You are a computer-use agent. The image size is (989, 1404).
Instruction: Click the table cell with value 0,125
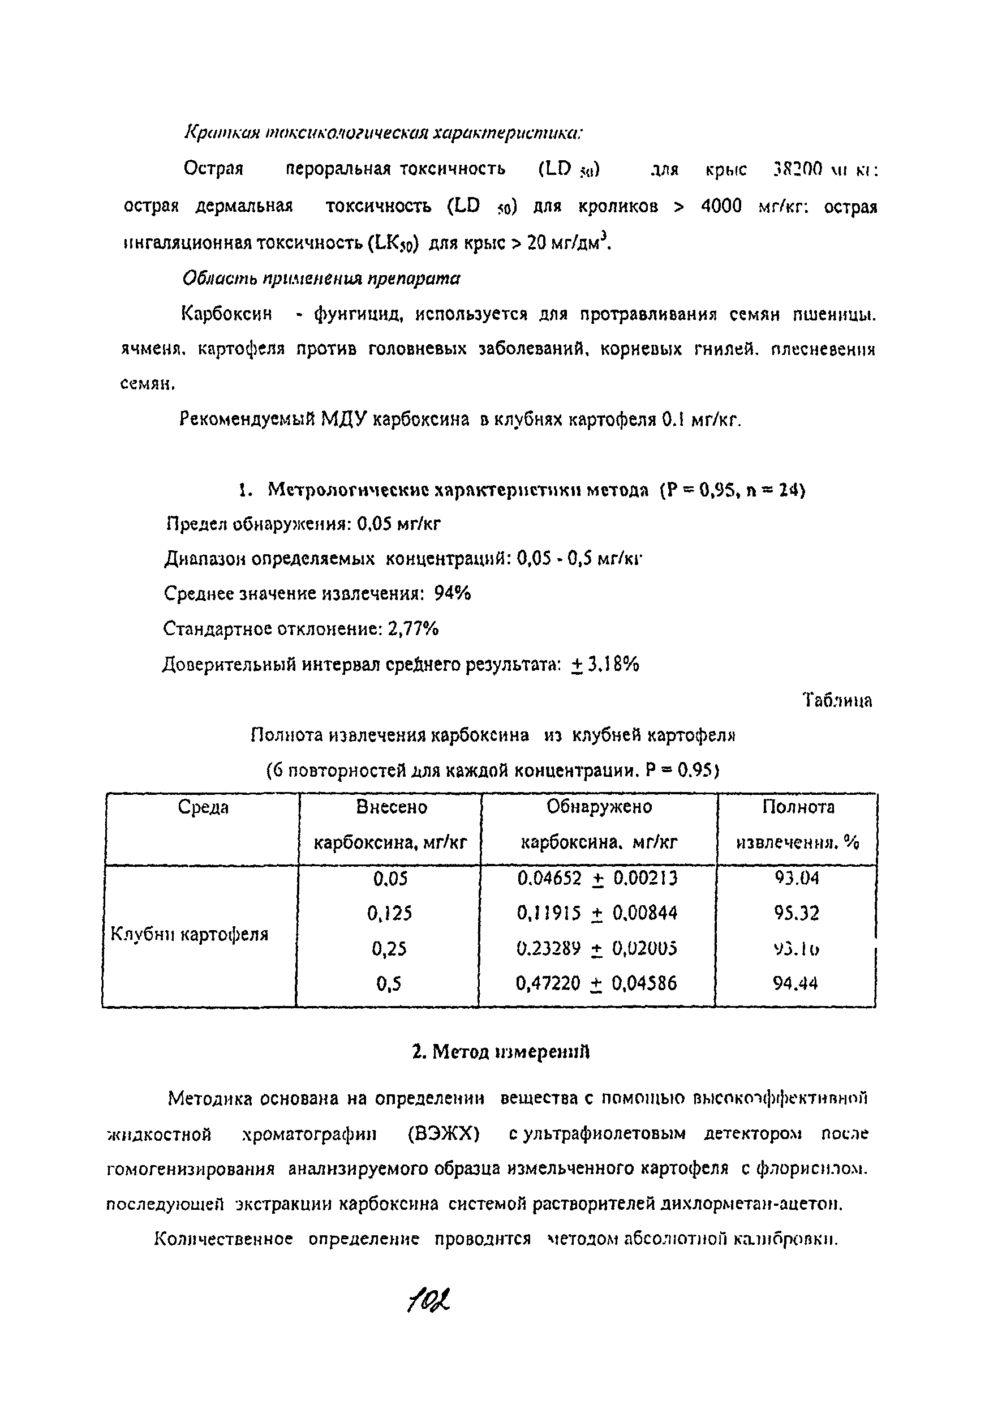coord(389,914)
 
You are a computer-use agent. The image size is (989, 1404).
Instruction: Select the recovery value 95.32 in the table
coord(796,914)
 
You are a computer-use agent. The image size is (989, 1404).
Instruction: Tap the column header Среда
coord(203,808)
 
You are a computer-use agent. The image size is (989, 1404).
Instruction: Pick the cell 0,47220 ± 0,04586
coord(596,983)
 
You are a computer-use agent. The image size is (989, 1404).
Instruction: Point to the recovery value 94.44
coord(795,983)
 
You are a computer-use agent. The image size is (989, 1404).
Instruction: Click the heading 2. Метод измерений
coord(501,1052)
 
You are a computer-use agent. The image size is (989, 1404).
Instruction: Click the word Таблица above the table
coord(837,700)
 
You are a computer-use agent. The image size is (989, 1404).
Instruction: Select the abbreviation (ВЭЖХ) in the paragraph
coord(443,1135)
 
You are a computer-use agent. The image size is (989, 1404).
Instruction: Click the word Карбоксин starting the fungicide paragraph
coord(226,314)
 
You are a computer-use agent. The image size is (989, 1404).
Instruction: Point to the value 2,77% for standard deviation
coord(412,628)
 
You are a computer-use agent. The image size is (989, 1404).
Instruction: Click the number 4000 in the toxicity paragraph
coord(721,206)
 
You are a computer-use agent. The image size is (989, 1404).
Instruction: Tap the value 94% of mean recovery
coord(452,593)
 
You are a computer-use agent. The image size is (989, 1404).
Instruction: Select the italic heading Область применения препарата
coord(321,279)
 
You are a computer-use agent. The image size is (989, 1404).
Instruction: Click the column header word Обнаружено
coord(599,807)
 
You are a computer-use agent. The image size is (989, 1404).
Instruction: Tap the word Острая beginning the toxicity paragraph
coord(213,169)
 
